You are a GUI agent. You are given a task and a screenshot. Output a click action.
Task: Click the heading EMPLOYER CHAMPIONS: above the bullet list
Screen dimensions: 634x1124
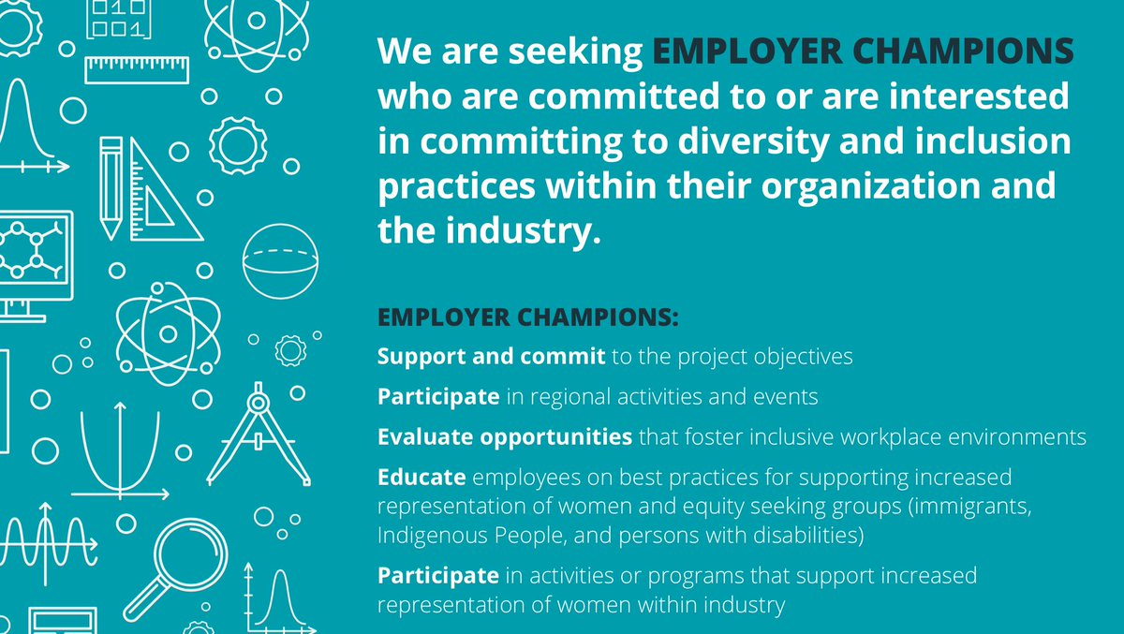tap(527, 317)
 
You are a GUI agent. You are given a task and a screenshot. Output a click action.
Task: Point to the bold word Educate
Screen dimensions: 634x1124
tap(421, 477)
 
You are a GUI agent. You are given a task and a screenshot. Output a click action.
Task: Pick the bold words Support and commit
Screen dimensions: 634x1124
tap(492, 357)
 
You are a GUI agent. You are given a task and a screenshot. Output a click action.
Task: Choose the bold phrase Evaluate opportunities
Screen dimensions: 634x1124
tap(505, 436)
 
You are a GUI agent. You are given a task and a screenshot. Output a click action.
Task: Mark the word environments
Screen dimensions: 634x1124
tap(1018, 436)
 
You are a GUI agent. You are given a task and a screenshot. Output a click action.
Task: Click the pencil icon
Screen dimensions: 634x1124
tap(111, 187)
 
